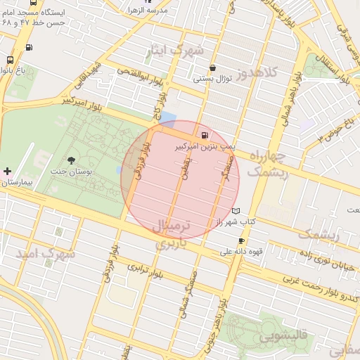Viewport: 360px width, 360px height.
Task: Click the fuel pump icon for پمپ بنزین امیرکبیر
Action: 205,135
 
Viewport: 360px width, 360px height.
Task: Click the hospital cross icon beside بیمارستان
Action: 7,171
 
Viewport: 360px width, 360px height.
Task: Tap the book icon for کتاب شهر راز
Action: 236,211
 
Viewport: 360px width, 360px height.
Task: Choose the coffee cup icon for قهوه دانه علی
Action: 242,241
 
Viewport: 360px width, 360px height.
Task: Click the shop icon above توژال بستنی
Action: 212,68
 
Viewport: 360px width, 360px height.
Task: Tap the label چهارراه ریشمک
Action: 269,164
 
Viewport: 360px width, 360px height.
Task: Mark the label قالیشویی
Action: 283,337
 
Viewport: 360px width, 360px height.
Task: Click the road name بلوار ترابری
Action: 145,270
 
